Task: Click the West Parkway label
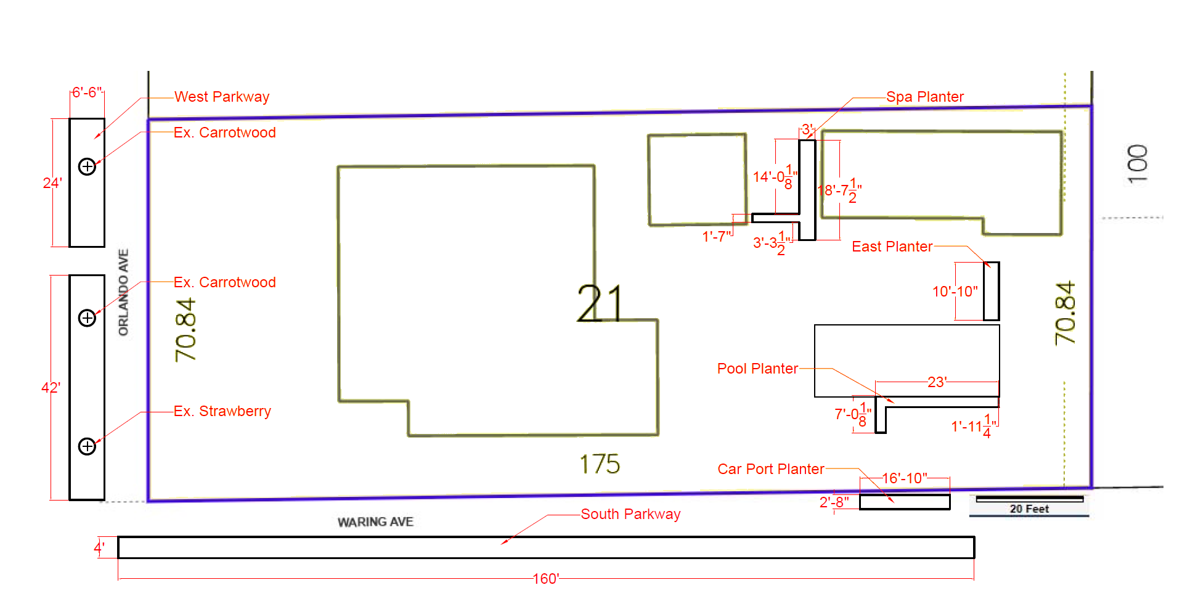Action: click(222, 97)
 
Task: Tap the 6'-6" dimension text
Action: click(87, 92)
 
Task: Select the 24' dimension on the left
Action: click(52, 183)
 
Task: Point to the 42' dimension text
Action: click(51, 388)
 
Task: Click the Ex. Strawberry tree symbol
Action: click(88, 446)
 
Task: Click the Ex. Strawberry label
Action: click(222, 411)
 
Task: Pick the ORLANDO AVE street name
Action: click(124, 292)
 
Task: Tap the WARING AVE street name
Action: click(375, 522)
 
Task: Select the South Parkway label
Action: click(630, 514)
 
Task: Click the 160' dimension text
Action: click(545, 579)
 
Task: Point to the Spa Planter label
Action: click(924, 97)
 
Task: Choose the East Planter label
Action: click(892, 247)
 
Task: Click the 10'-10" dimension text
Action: click(955, 292)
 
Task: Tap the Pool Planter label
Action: click(757, 369)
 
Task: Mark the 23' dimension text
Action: click(937, 382)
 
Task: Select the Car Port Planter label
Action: click(770, 469)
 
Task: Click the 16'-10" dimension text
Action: click(904, 478)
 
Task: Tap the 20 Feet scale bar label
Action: click(1029, 509)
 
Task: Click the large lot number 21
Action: click(600, 303)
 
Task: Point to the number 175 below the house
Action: click(600, 464)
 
